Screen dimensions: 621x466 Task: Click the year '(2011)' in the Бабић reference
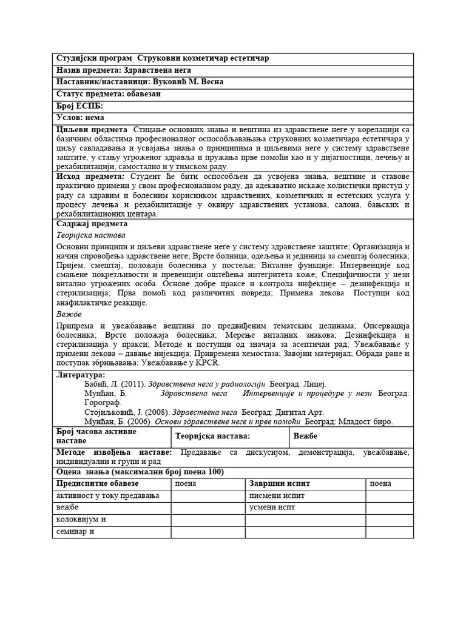click(132, 384)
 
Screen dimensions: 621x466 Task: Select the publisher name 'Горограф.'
click(102, 402)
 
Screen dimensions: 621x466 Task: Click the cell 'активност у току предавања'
click(107, 495)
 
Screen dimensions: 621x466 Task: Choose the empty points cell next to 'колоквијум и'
click(208, 520)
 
